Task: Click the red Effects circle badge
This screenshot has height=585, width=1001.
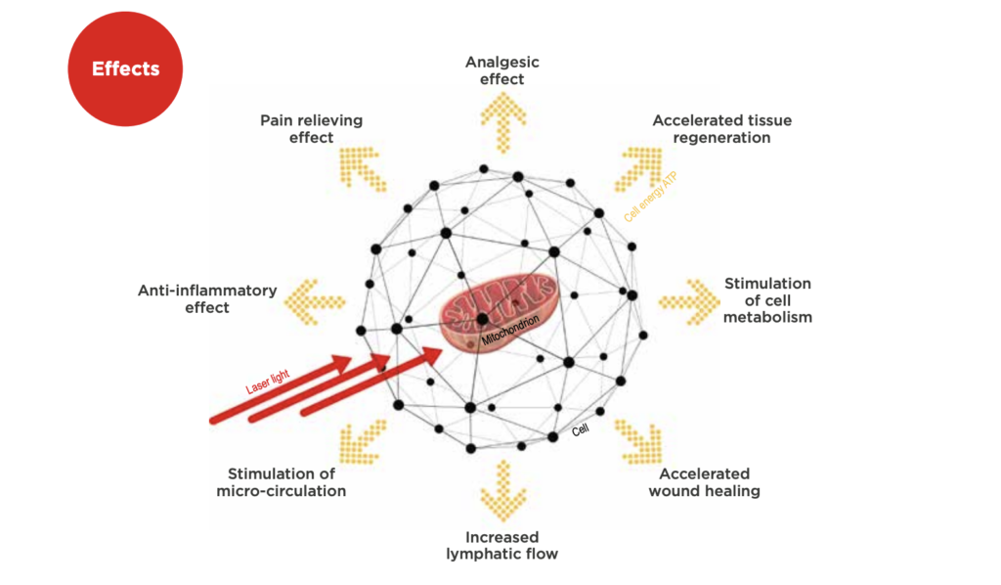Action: [125, 69]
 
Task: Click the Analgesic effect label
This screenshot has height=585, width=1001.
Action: [502, 70]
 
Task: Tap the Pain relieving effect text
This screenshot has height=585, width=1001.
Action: [311, 128]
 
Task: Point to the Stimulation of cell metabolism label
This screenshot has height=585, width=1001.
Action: [767, 300]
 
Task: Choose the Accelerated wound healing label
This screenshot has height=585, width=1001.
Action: [704, 482]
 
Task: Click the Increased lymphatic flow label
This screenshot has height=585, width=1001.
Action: [501, 546]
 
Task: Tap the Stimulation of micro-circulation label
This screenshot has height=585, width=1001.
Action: [281, 482]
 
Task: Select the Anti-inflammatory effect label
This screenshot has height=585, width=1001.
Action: [207, 299]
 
